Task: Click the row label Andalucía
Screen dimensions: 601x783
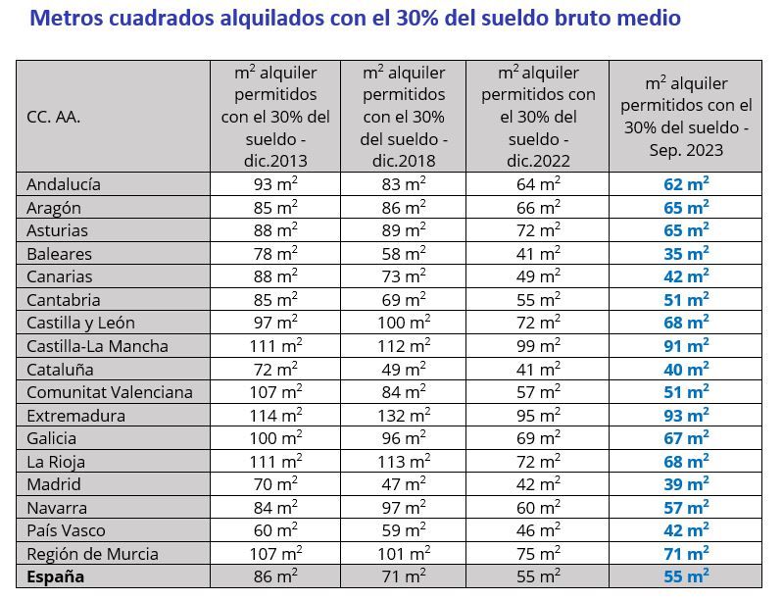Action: tap(64, 184)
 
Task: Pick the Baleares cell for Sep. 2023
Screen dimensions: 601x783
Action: tap(685, 253)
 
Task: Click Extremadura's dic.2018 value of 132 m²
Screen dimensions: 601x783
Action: tap(403, 415)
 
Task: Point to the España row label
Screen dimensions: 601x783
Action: tap(56, 576)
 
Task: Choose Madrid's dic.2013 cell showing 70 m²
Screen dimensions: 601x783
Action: tap(275, 484)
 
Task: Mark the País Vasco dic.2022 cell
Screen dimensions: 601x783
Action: tap(538, 530)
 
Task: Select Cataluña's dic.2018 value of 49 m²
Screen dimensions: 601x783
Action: tap(403, 369)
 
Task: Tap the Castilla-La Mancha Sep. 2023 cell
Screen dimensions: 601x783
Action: tap(685, 346)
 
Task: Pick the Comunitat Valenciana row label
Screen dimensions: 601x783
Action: tap(110, 392)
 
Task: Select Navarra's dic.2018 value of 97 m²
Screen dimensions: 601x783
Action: tap(403, 507)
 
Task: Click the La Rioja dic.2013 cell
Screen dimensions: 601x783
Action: tap(275, 461)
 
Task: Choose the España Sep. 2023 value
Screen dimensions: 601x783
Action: tap(685, 576)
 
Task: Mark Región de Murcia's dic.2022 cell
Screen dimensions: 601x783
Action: tap(538, 553)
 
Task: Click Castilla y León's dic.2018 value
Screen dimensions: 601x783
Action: tap(403, 323)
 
